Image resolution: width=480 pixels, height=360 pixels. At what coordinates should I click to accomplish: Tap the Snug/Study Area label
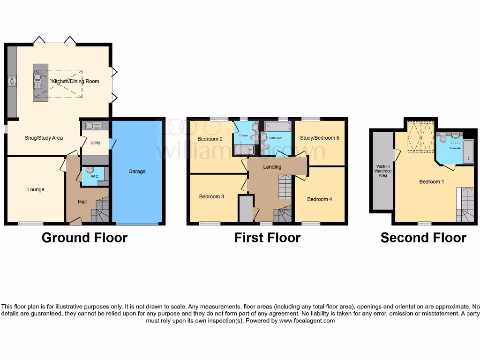point(44,138)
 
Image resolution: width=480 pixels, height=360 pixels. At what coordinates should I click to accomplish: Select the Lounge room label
point(36,189)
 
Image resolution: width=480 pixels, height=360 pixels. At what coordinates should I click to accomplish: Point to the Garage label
point(137,172)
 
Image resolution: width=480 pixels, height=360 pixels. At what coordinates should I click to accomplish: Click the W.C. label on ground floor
point(95,177)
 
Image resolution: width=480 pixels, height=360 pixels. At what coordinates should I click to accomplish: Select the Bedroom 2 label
point(210,139)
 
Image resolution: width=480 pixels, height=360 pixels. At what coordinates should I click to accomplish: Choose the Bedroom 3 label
point(211,196)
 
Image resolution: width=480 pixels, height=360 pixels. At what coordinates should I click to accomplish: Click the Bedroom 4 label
point(319,199)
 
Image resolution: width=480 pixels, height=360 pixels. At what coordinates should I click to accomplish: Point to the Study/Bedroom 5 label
point(320,138)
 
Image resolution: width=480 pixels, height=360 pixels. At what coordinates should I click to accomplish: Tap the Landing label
point(272,167)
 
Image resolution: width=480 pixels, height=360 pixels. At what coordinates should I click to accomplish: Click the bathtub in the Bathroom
point(278,127)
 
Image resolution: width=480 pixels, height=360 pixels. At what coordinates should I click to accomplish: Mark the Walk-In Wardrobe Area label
point(383,171)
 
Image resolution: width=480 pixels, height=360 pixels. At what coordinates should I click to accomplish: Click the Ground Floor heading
point(84,238)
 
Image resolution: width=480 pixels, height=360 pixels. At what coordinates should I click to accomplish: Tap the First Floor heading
point(267,238)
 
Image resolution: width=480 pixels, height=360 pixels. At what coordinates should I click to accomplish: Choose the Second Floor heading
point(423,238)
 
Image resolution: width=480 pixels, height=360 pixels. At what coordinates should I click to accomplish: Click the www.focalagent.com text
point(307,321)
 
